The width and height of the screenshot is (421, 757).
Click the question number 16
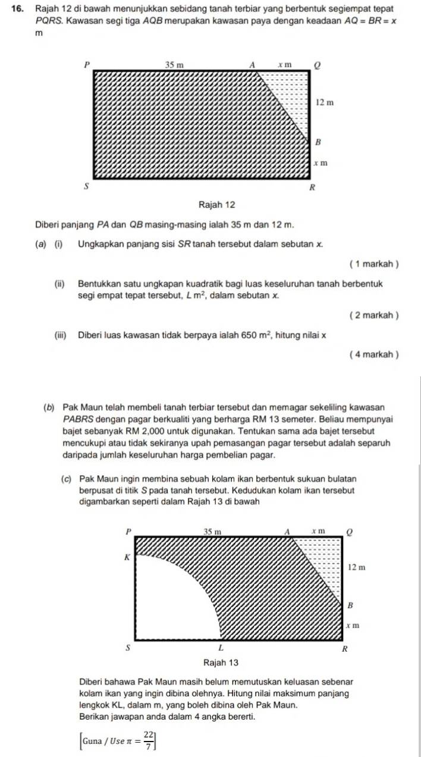[18, 8]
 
